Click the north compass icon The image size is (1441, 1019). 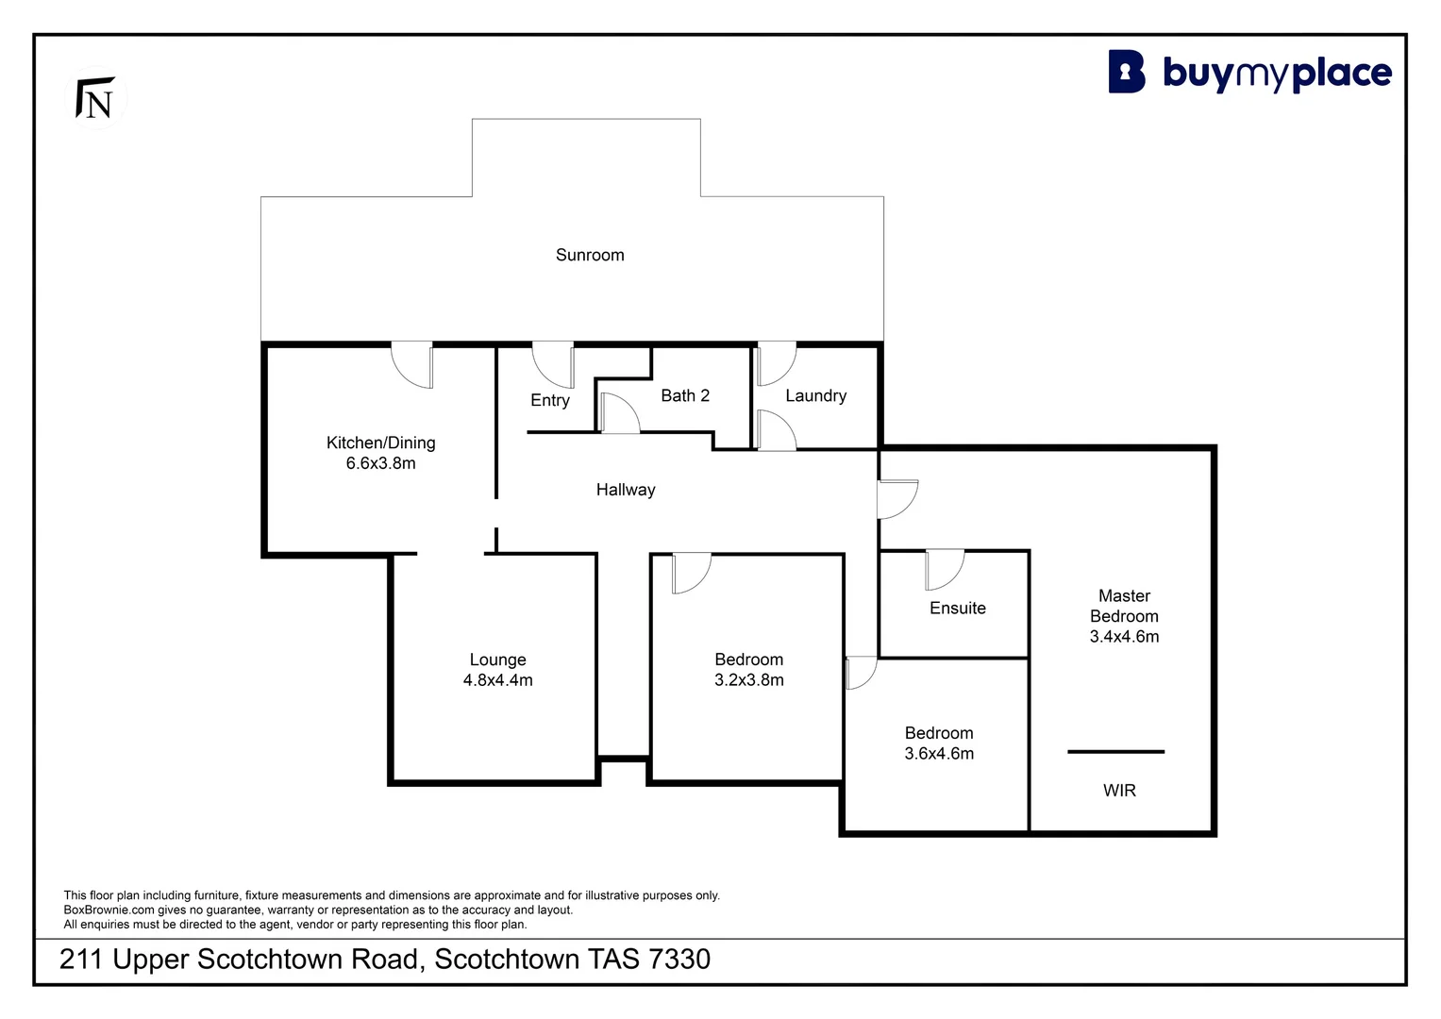pos(96,98)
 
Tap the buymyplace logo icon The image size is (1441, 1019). pos(1127,73)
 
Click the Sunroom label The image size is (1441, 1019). pos(590,255)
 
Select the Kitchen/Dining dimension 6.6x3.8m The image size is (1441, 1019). pos(380,463)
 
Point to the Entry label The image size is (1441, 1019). pos(550,400)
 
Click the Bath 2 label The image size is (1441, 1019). pos(685,395)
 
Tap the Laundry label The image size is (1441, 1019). pos(815,395)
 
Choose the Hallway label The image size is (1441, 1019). pos(626,490)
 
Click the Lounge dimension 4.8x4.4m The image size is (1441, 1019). pos(497,680)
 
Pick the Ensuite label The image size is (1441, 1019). pos(957,609)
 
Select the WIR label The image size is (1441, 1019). pos(1119,791)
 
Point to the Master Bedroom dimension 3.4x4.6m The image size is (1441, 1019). pos(1124,637)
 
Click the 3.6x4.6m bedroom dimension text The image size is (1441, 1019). pos(939,754)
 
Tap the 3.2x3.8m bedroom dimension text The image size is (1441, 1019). pos(749,680)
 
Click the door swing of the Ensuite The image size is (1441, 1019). pos(945,570)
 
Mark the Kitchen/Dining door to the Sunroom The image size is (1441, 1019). pos(412,365)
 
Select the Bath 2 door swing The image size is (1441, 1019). pos(619,413)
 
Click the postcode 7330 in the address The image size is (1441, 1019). pos(679,960)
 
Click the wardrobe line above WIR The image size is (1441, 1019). pos(1115,752)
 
